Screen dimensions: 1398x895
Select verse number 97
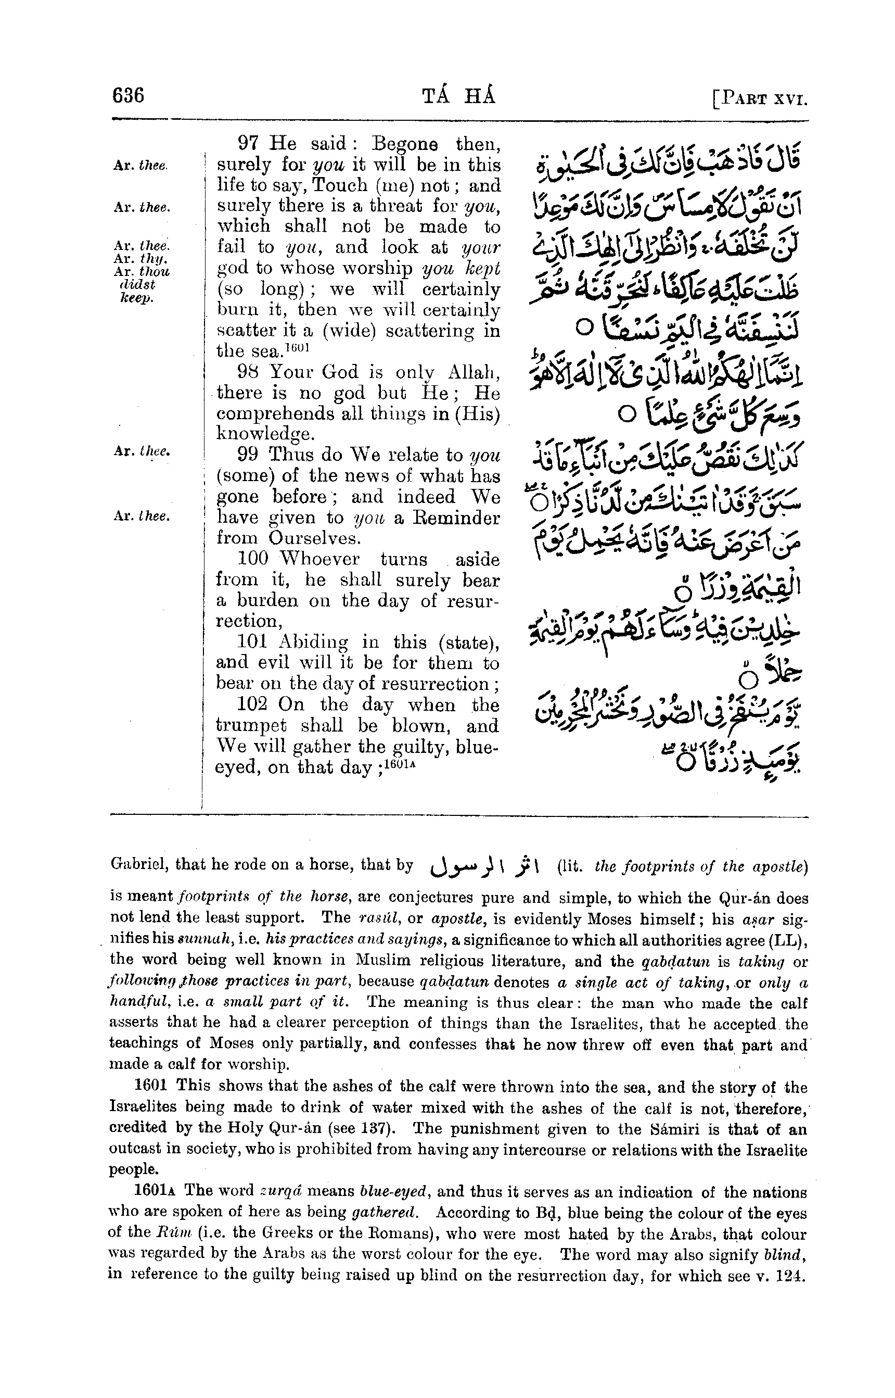[x=249, y=144]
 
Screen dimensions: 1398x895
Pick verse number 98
[x=249, y=372]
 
